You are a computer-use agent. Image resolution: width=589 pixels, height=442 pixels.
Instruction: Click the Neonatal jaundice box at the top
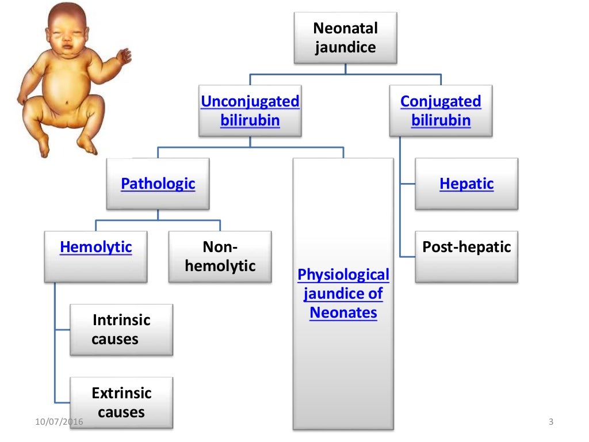click(x=345, y=37)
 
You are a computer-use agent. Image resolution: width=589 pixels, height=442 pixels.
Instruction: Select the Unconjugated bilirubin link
click(x=250, y=111)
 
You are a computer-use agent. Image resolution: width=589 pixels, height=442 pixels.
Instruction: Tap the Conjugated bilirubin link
click(x=441, y=111)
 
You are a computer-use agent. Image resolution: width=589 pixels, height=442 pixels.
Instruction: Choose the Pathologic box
click(x=158, y=184)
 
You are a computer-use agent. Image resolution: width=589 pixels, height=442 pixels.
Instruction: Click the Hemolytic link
click(x=95, y=247)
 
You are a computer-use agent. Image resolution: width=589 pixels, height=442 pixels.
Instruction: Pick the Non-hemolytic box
click(x=220, y=257)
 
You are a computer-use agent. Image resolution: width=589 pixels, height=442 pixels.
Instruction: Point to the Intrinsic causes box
click(x=121, y=329)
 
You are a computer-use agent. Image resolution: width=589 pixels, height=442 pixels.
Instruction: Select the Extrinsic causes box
click(x=121, y=402)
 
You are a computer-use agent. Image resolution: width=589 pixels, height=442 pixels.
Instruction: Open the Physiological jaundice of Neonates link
click(x=343, y=294)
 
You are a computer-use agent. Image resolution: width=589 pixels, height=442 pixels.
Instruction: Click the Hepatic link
click(x=466, y=184)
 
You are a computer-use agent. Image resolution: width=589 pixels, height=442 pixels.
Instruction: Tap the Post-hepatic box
click(x=466, y=247)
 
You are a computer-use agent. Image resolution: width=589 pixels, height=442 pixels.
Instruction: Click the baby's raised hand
click(x=124, y=56)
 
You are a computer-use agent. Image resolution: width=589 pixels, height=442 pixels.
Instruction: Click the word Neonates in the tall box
click(x=343, y=313)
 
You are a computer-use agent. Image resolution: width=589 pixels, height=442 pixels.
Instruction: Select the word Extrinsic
click(x=121, y=393)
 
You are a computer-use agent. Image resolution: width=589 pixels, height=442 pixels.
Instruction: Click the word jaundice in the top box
click(x=345, y=47)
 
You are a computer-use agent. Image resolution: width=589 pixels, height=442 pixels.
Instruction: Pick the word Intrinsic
click(x=121, y=320)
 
